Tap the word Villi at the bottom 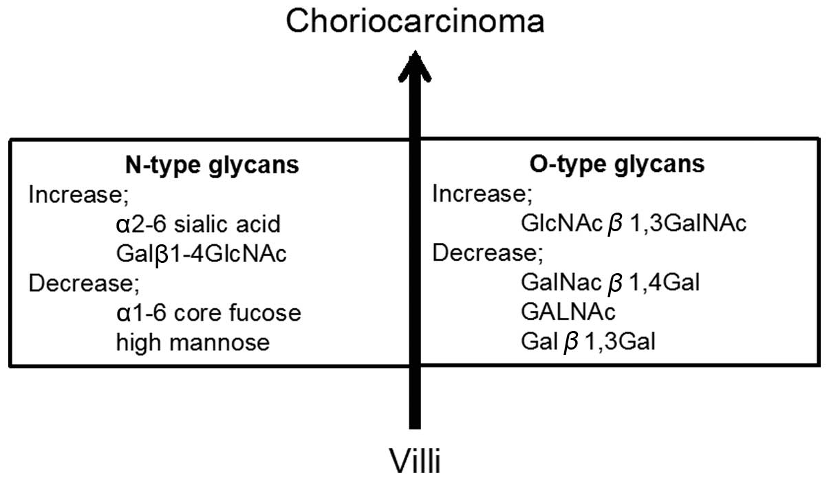[415, 460]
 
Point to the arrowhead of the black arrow [414, 65]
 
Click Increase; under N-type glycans [78, 195]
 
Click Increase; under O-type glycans [482, 195]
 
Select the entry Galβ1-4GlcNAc [202, 254]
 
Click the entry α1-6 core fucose [208, 313]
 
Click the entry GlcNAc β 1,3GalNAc [634, 224]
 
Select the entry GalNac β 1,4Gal [610, 283]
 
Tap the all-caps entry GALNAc [568, 312]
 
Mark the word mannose [222, 342]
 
